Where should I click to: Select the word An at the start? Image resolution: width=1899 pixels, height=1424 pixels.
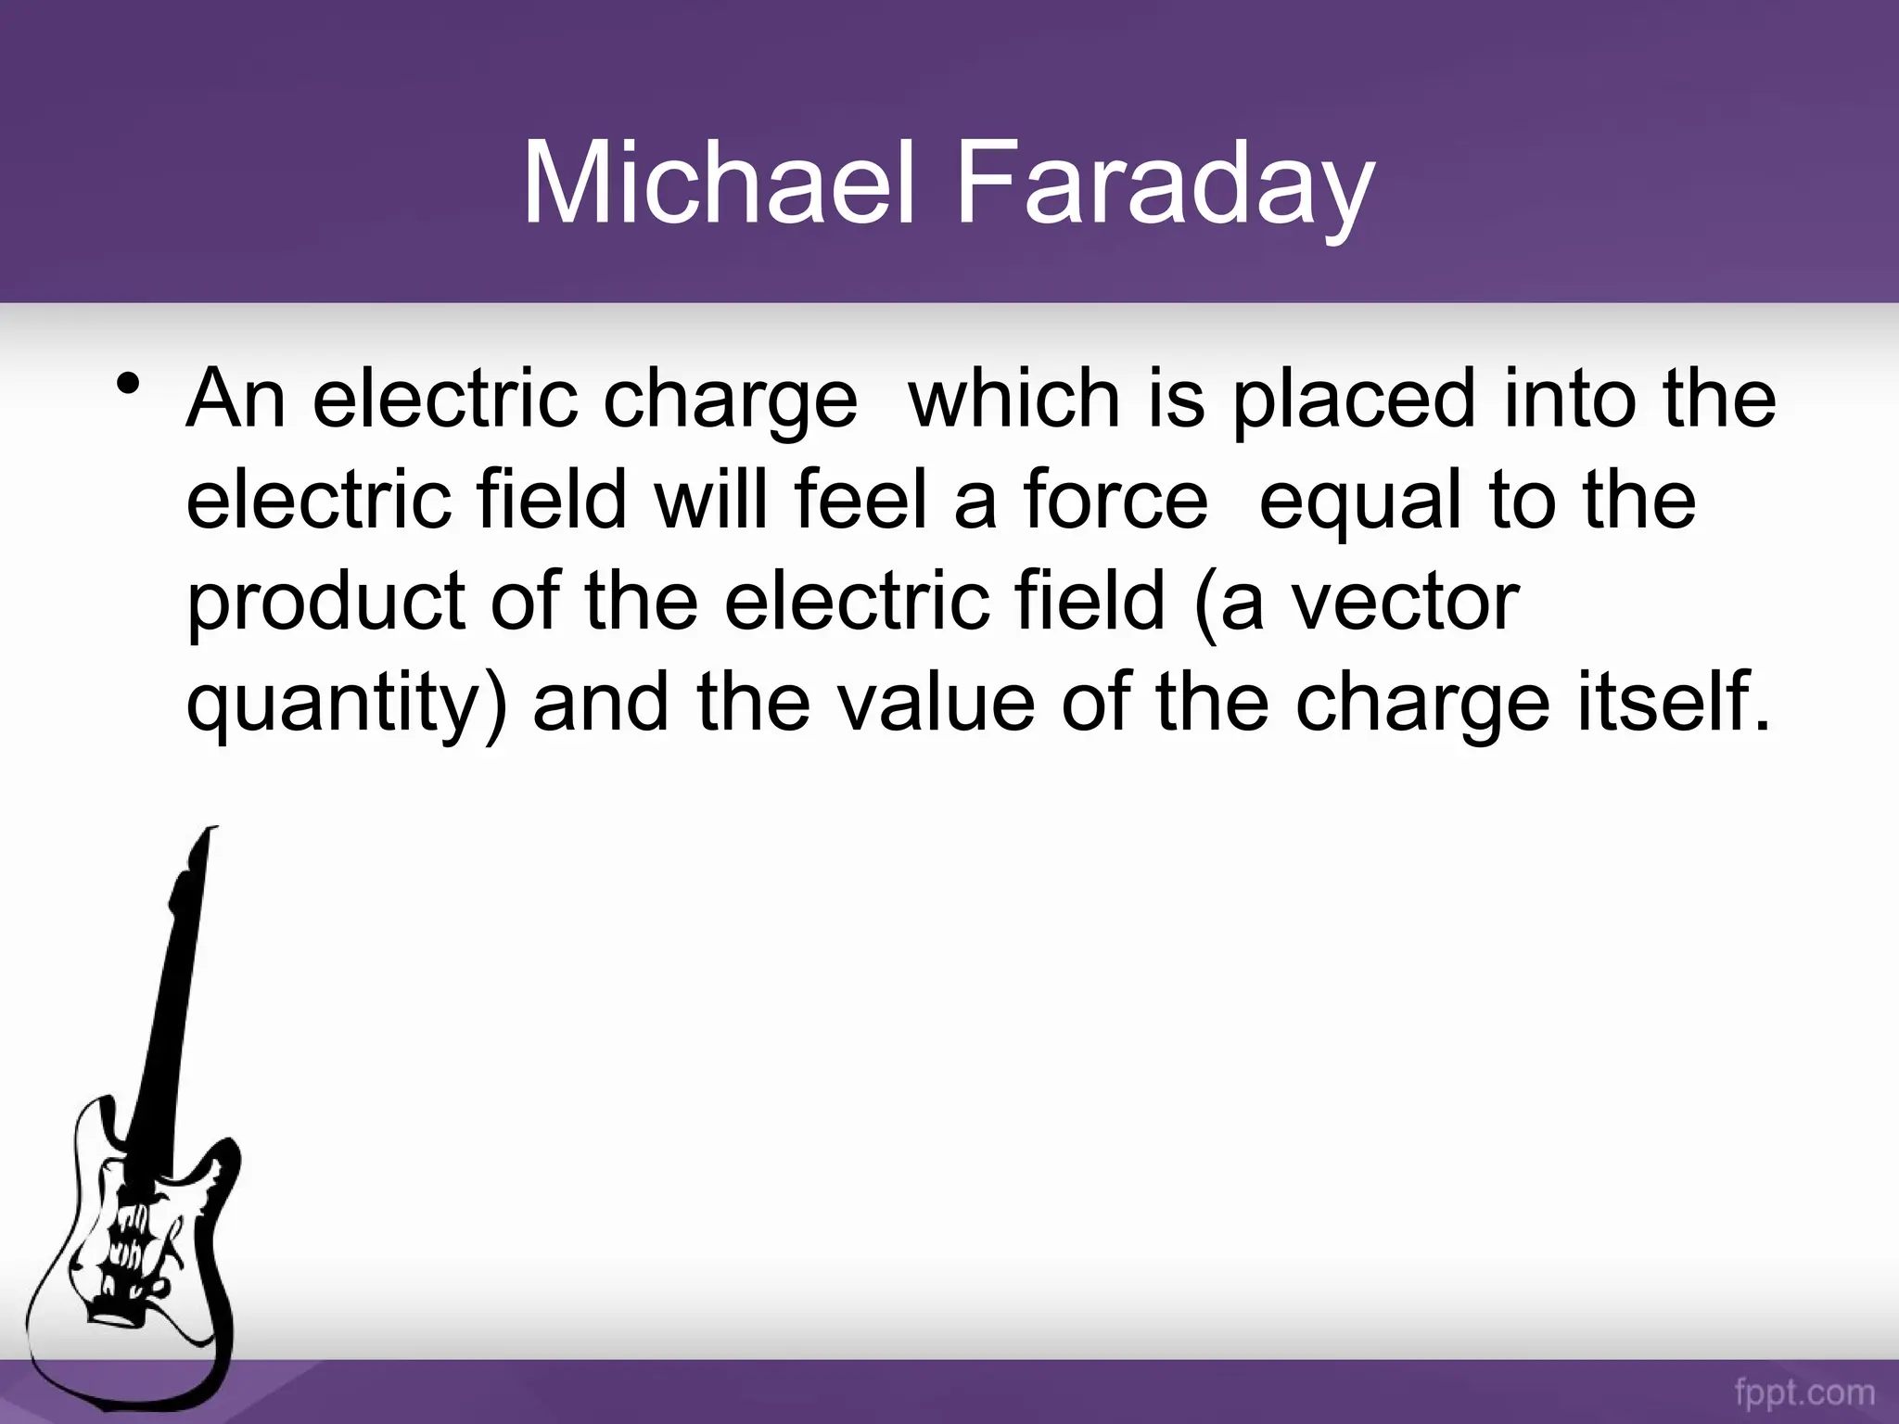tap(236, 399)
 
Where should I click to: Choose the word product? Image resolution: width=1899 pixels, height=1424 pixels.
tap(325, 603)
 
